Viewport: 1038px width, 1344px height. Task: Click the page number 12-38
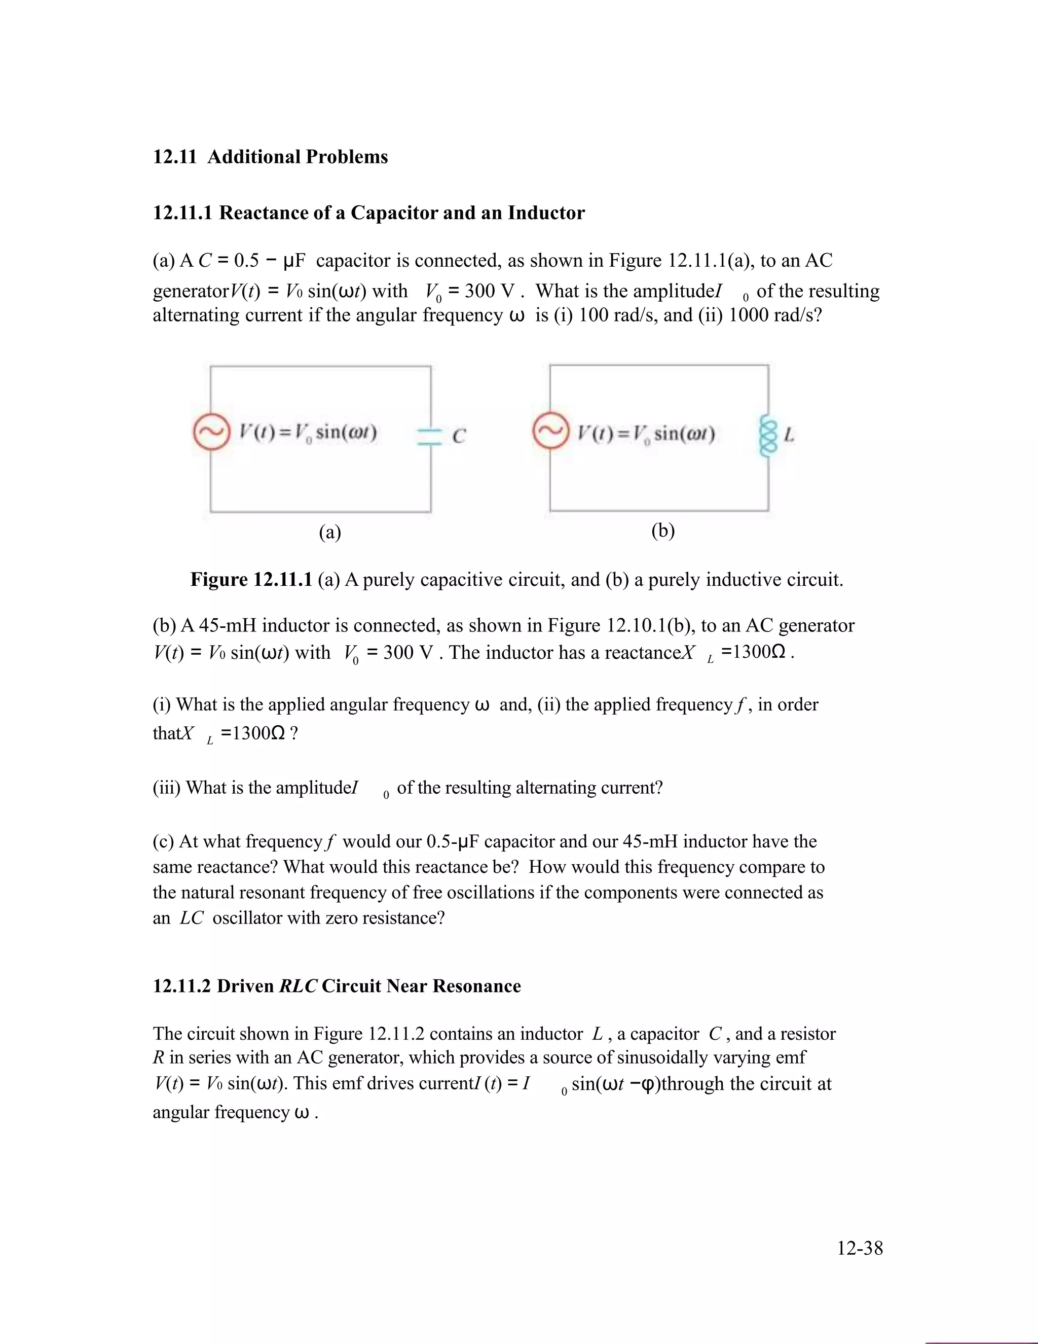[x=859, y=1248]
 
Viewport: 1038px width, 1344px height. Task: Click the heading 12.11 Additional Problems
[x=270, y=157]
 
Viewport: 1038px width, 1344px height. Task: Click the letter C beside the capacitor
[x=459, y=436]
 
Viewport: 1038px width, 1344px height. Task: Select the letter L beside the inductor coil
[x=789, y=435]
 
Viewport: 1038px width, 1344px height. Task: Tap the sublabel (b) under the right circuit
[x=663, y=530]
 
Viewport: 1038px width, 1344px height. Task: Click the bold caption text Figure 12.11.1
[x=251, y=580]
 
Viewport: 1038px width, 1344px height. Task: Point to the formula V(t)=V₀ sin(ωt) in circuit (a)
[x=308, y=433]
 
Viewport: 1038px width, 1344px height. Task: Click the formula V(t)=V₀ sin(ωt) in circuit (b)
[x=646, y=433]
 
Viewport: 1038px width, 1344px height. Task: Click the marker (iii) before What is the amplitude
[x=167, y=788]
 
